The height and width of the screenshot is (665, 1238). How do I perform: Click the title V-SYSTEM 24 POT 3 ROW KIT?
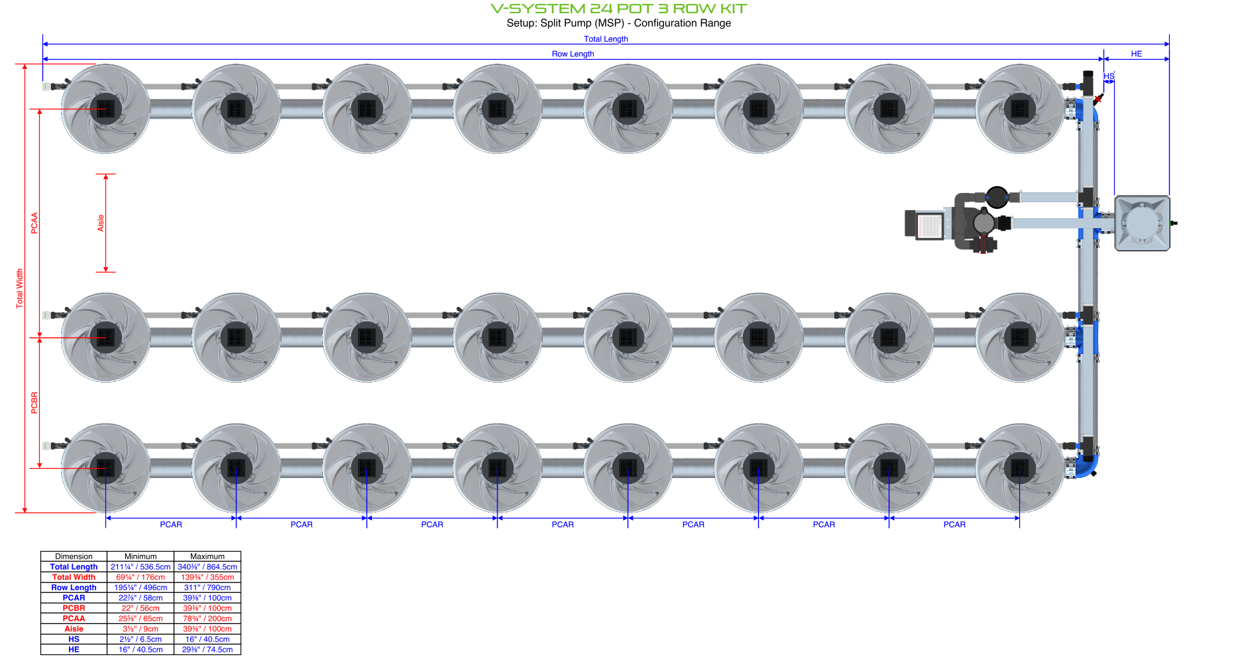coord(618,9)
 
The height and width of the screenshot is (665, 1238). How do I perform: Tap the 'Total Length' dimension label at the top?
coord(605,39)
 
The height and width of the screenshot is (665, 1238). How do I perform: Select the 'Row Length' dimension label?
coord(573,54)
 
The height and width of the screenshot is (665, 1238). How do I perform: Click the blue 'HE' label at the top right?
coord(1136,54)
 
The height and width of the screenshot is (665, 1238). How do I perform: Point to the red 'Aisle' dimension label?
coord(101,223)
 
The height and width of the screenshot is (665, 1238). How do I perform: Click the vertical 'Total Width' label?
coord(19,288)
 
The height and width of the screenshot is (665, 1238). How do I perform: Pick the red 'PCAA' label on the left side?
coord(34,223)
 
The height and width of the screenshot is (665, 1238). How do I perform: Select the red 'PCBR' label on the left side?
coord(34,403)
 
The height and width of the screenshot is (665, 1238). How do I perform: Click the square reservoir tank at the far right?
coord(1142,223)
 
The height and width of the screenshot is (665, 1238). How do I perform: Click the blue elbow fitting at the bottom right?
coord(1087,466)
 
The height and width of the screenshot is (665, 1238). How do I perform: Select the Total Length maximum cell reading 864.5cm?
coord(207,567)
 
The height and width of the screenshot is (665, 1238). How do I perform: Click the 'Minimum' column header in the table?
coord(141,556)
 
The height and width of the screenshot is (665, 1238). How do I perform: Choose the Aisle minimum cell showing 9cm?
coord(141,629)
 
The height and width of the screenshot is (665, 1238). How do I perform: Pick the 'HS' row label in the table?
coord(74,639)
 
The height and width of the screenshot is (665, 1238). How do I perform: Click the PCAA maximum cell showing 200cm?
coord(207,619)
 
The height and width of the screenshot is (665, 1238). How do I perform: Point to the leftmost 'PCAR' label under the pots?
coord(171,524)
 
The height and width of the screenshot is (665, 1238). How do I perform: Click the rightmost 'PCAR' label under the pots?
coord(954,524)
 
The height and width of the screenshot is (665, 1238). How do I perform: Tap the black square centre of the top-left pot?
coord(105,109)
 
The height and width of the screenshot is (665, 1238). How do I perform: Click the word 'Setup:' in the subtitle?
coord(522,23)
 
